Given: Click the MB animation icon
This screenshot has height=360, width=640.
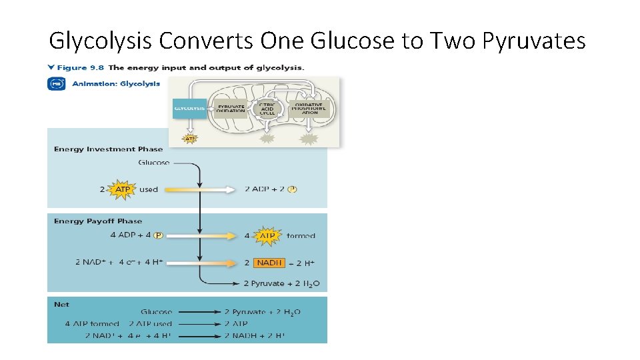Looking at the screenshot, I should pyautogui.click(x=56, y=84).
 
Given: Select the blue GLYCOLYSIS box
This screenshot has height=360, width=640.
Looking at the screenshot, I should pyautogui.click(x=189, y=108).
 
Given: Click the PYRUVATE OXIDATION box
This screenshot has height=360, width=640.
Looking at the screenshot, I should pyautogui.click(x=231, y=108).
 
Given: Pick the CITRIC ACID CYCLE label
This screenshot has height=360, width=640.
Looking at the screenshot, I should pyautogui.click(x=267, y=107).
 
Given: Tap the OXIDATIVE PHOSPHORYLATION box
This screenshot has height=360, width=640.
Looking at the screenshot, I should pyautogui.click(x=309, y=108).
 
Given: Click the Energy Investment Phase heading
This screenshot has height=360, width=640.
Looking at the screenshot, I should pyautogui.click(x=108, y=149).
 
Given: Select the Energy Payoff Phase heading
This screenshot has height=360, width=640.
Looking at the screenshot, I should pyautogui.click(x=98, y=221).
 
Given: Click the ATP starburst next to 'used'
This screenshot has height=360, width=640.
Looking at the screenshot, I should pyautogui.click(x=123, y=189).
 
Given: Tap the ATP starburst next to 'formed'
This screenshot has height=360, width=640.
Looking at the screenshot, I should pyautogui.click(x=267, y=236).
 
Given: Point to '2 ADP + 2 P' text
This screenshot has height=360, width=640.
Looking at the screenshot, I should pyautogui.click(x=271, y=189).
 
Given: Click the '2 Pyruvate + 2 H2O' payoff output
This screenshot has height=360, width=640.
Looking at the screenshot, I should pyautogui.click(x=281, y=284).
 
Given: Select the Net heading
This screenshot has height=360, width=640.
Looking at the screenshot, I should pyautogui.click(x=61, y=305).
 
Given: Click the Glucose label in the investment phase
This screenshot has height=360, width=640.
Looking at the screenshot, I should pyautogui.click(x=153, y=163).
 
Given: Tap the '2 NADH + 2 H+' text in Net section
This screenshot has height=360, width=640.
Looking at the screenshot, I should pyautogui.click(x=262, y=336).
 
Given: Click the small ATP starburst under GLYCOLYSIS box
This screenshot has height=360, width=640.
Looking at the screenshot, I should pyautogui.click(x=190, y=139).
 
